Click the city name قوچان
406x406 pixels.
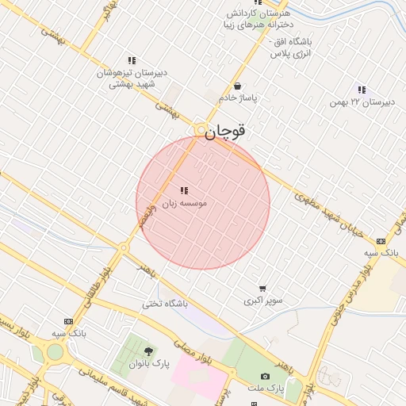pos(226,132)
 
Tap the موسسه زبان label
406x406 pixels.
pos(185,204)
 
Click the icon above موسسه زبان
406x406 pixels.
pos(185,190)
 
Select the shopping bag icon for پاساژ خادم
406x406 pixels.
pos(237,86)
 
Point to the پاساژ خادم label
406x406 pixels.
pos(239,98)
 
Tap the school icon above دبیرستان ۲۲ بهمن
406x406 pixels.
pos(362,90)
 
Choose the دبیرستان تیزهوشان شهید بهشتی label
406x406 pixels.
pos(132,78)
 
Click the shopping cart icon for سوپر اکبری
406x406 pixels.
pos(262,289)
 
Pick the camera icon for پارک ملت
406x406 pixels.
pos(266,375)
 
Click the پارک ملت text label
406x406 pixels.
pos(269,388)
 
